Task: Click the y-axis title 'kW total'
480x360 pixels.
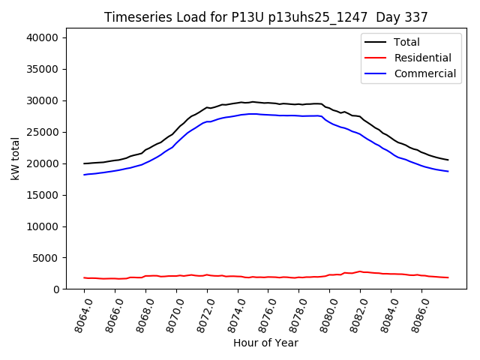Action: point(16,163)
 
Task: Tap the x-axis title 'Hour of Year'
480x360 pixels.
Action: point(265,343)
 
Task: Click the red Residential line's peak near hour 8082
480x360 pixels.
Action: point(360,271)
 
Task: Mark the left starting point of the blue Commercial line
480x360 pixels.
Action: point(85,175)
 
